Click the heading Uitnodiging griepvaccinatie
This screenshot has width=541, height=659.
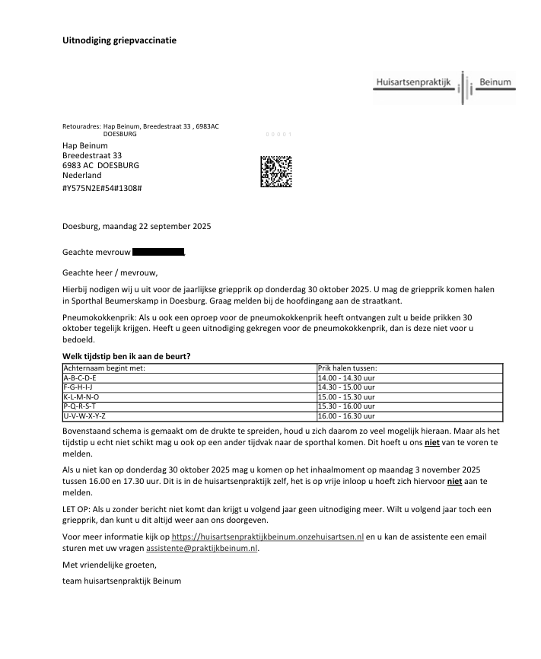[119, 40]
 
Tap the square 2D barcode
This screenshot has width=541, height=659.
[276, 171]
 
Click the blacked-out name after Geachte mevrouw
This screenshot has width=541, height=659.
[158, 251]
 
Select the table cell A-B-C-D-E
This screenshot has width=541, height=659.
[79, 377]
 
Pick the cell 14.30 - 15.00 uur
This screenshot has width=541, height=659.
[347, 387]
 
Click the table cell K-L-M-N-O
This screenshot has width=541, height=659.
[81, 397]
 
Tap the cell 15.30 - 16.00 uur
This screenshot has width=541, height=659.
[347, 407]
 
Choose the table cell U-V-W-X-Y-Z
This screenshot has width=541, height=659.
[84, 416]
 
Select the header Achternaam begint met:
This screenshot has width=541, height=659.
[103, 368]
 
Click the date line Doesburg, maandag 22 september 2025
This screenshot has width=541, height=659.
[136, 226]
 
